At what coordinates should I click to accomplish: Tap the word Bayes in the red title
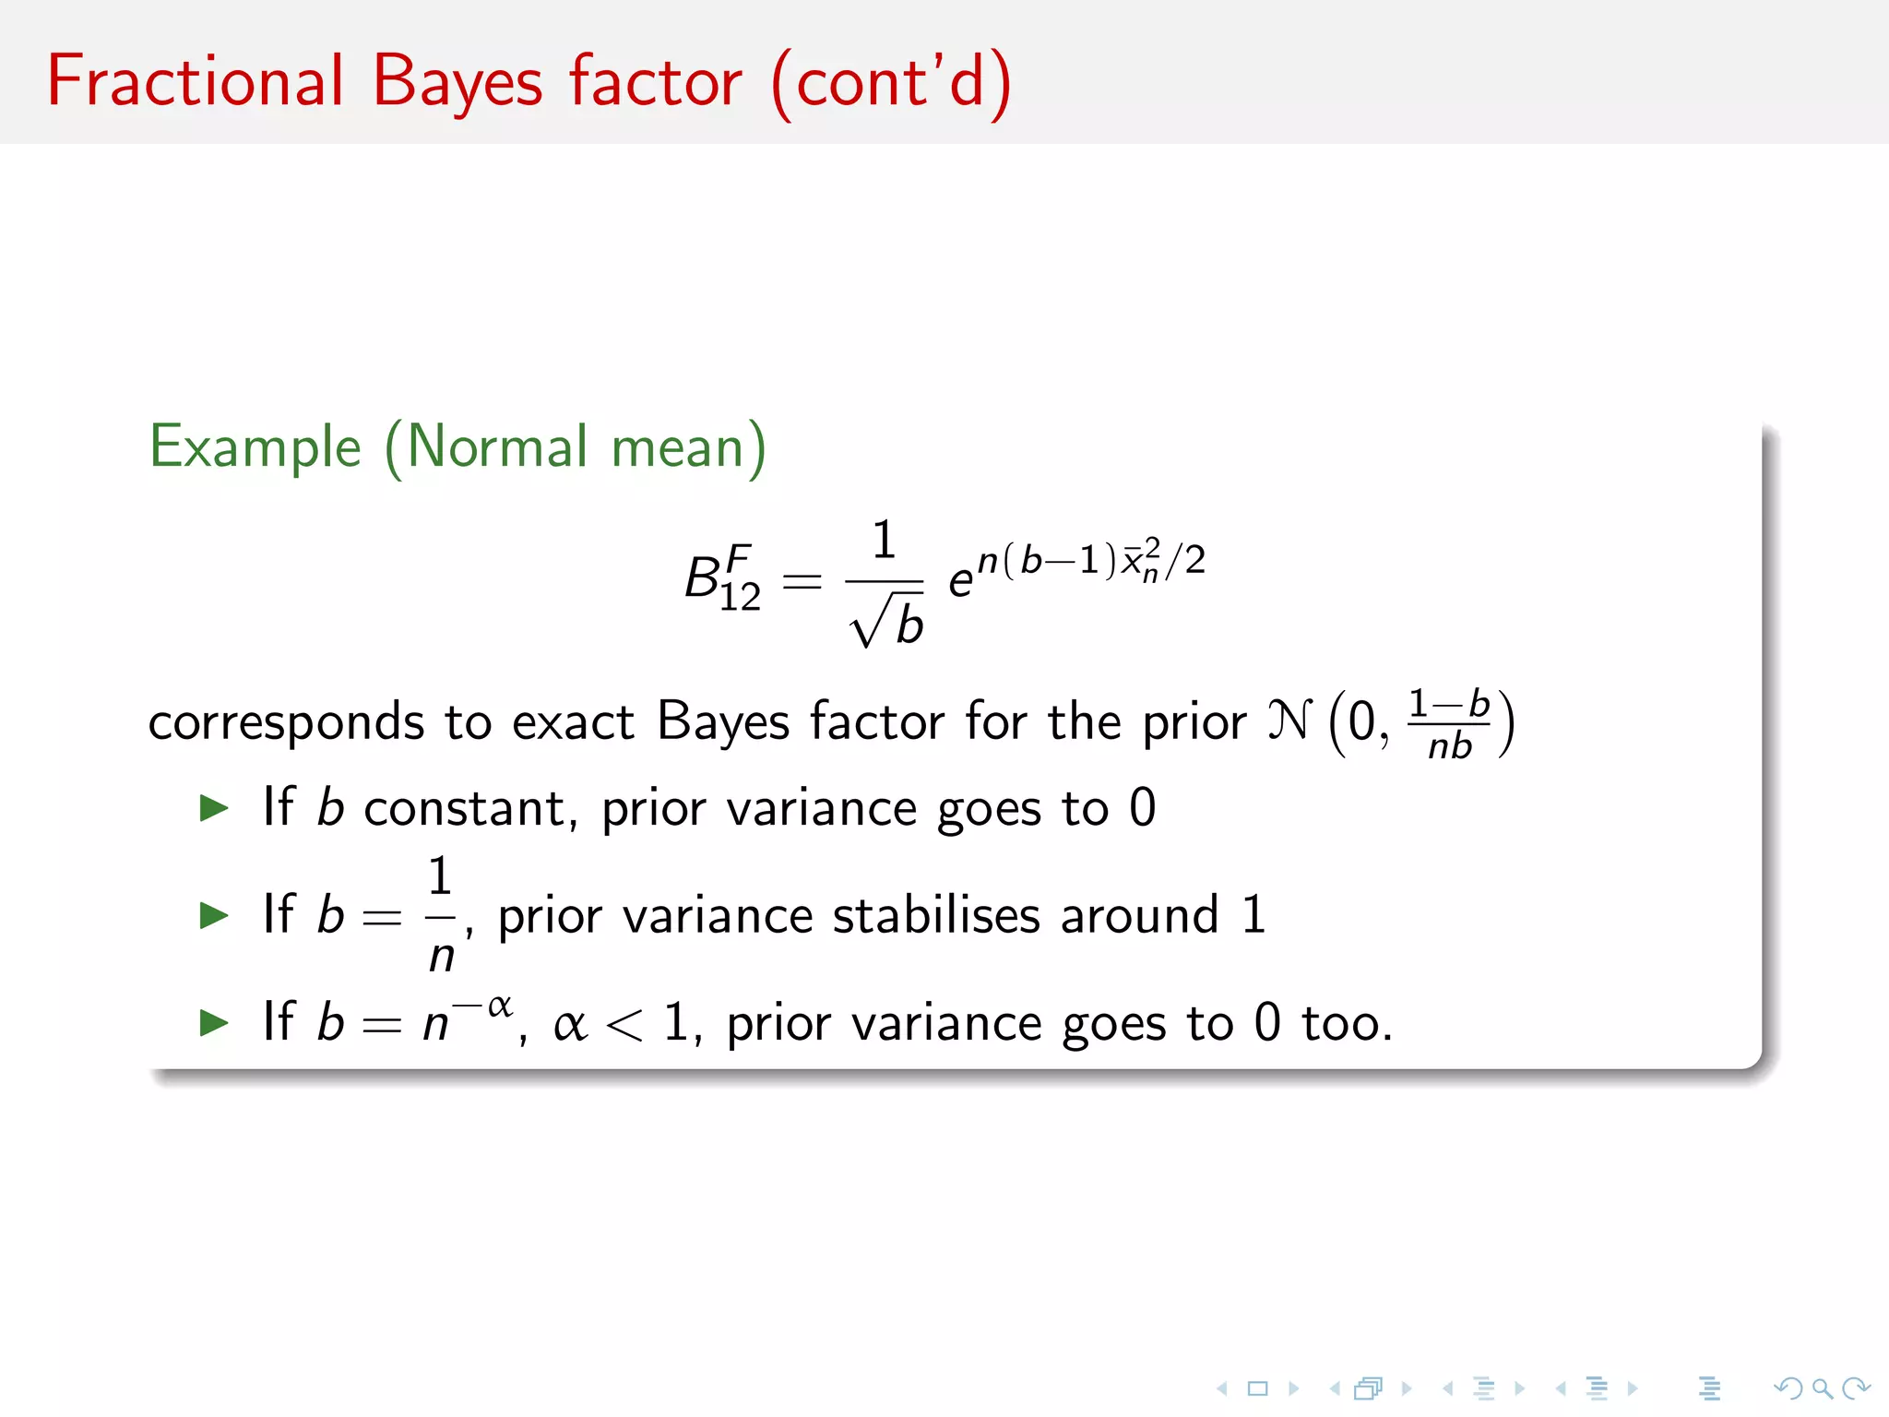click(457, 83)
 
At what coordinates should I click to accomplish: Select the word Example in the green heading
click(255, 448)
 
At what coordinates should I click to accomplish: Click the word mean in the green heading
click(678, 448)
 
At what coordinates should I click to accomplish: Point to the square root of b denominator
click(887, 623)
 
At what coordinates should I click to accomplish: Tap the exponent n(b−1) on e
click(1048, 560)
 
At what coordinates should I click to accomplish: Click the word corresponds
click(286, 723)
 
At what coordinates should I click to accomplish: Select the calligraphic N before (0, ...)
click(1289, 720)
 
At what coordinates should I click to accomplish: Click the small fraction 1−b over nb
click(1449, 724)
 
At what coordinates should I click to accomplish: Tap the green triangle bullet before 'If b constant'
click(214, 808)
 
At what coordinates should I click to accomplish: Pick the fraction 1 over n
click(441, 915)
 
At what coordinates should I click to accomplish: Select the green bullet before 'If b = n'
click(214, 1022)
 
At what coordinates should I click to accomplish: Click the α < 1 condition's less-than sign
click(624, 1025)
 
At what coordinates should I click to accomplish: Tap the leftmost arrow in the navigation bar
click(1222, 1387)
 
